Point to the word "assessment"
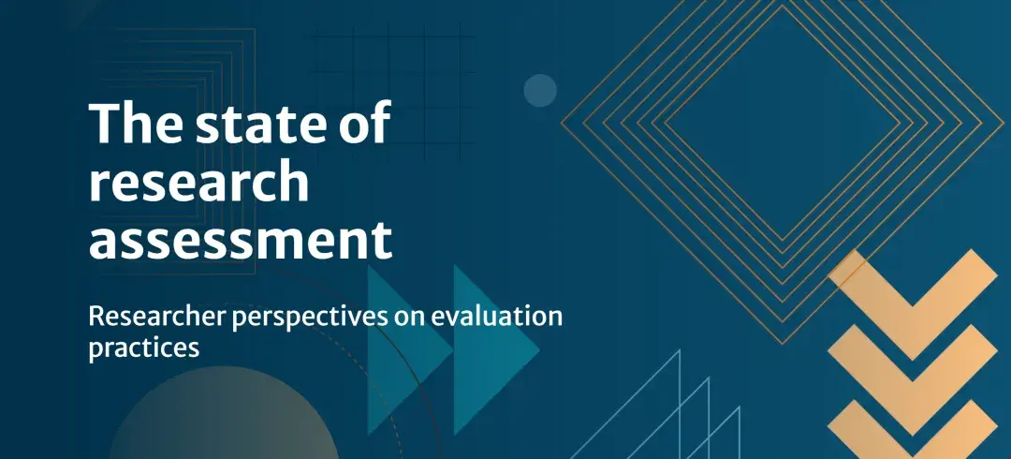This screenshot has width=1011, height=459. [x=241, y=240]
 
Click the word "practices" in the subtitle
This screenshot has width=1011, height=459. [x=144, y=348]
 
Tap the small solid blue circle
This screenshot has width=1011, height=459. [x=540, y=90]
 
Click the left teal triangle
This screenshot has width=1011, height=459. [x=407, y=350]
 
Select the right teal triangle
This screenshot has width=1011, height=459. [x=495, y=350]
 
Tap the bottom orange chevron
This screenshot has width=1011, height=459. [x=913, y=433]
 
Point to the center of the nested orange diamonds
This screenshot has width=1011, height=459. [x=782, y=123]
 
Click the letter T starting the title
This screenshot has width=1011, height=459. [x=104, y=124]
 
